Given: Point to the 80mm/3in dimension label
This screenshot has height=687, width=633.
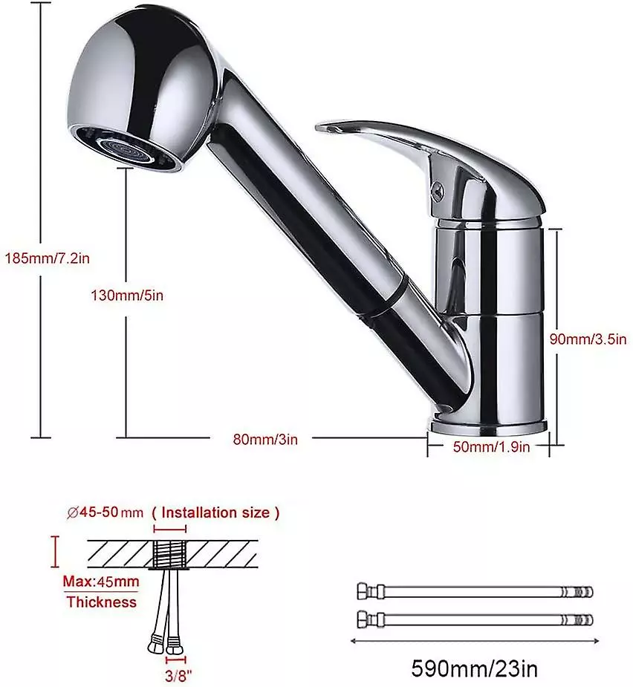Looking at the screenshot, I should (x=265, y=439).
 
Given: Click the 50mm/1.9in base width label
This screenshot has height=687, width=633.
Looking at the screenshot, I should (x=491, y=446).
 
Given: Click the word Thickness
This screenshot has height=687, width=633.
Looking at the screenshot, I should (x=102, y=602).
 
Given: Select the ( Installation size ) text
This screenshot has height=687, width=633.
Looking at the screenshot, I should (x=215, y=512).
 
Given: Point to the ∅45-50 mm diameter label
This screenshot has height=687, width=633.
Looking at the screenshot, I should (x=104, y=512).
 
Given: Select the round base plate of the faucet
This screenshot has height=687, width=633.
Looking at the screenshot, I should (x=487, y=427).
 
